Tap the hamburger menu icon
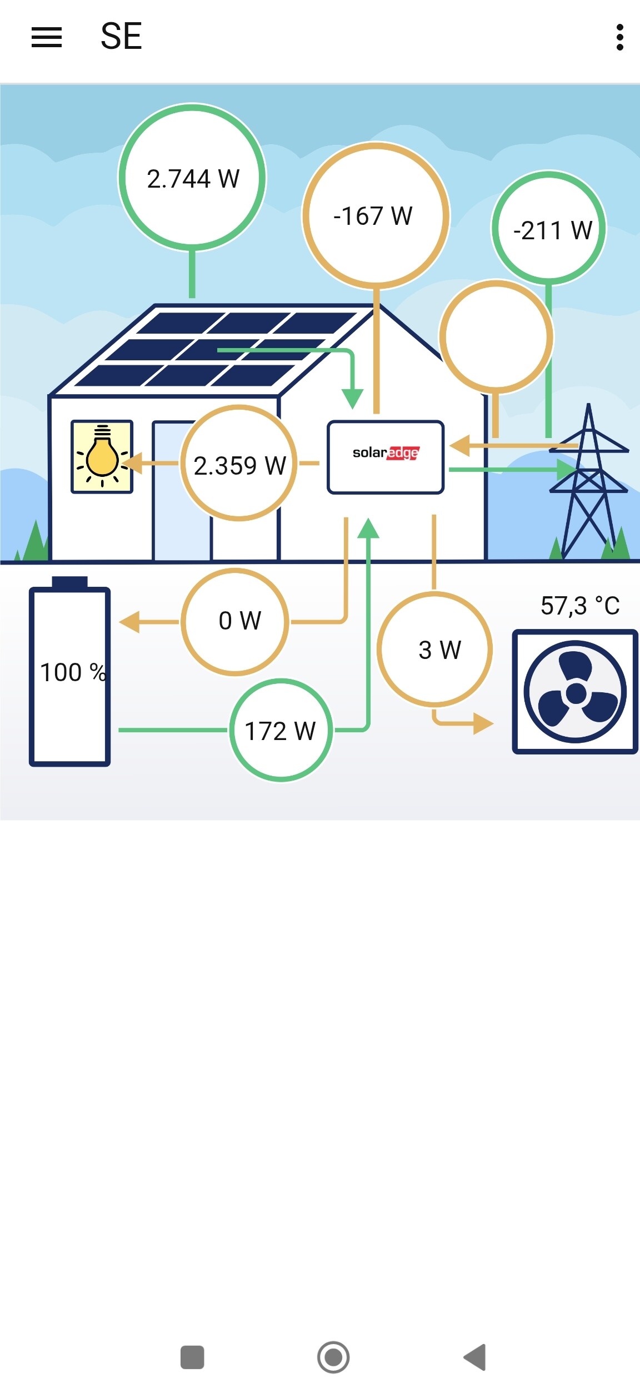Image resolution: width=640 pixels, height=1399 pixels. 47,37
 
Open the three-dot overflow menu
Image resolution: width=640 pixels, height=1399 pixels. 620,37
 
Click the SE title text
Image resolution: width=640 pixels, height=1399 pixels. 121,37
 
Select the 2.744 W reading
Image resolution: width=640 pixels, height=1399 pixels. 193,179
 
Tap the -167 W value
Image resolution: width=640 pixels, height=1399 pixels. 373,216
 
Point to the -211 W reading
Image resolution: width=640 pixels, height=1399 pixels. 553,230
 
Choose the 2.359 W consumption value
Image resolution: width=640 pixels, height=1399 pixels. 239,465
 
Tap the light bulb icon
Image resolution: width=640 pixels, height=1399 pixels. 102,456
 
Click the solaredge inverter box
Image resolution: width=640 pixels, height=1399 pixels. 386,457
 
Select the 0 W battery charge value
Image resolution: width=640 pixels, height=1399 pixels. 240,621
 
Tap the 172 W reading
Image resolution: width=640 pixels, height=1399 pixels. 281,731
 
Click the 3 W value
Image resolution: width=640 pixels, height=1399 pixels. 440,650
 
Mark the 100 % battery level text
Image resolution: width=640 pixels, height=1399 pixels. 73,672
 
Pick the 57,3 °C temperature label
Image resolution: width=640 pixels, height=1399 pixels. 580,605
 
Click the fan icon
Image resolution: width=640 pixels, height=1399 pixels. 575,692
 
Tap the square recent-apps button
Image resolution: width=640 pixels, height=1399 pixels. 192,1357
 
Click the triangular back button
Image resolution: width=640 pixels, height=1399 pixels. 475,1357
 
